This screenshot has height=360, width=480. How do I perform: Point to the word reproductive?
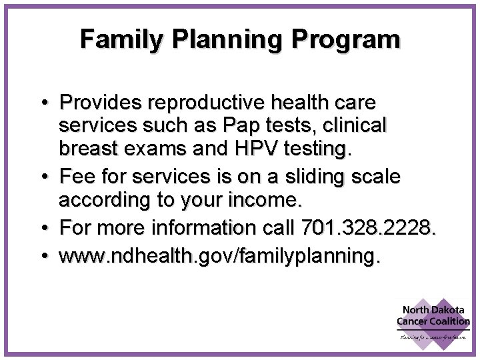tap(207, 103)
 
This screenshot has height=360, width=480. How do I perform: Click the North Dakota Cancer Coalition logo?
tap(433, 320)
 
